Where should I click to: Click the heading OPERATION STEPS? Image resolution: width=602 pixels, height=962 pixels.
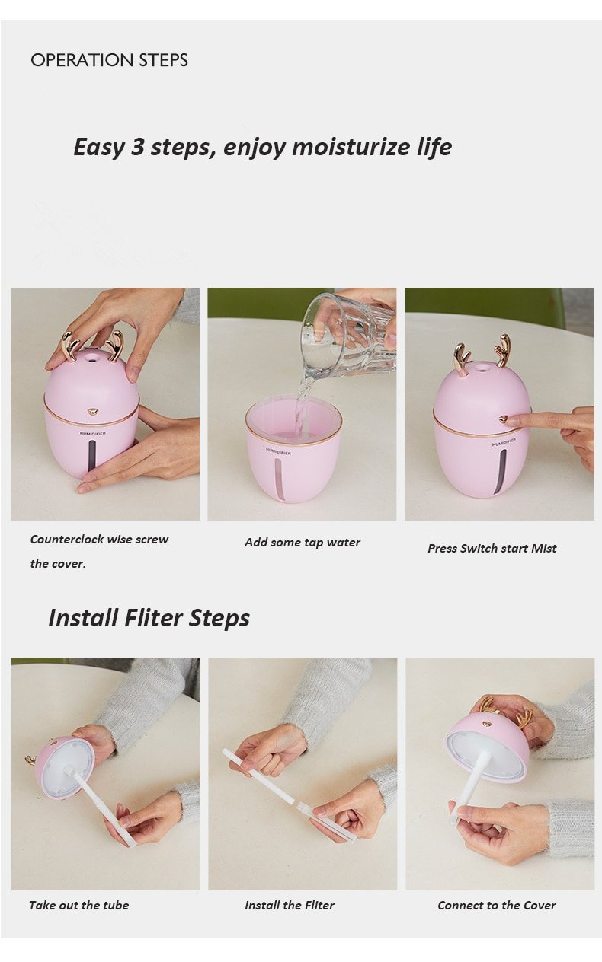click(x=109, y=60)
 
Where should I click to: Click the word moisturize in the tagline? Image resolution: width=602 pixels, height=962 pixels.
click(x=351, y=147)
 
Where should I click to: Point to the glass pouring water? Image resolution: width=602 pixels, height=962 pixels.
click(x=349, y=335)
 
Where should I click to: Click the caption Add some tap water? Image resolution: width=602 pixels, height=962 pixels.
click(x=303, y=543)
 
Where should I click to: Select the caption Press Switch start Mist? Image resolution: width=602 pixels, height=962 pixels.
click(x=492, y=549)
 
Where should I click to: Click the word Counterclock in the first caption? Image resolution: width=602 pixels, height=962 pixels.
click(x=68, y=540)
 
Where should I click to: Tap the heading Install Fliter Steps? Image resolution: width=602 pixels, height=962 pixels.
click(x=149, y=618)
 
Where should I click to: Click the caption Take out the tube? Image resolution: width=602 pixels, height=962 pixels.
click(x=79, y=906)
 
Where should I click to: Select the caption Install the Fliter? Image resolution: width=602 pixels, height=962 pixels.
click(x=290, y=906)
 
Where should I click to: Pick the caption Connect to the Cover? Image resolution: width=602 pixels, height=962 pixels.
click(x=497, y=906)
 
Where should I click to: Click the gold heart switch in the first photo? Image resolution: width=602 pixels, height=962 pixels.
click(x=92, y=413)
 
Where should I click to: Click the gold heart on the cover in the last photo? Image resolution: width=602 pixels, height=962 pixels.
click(x=486, y=725)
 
